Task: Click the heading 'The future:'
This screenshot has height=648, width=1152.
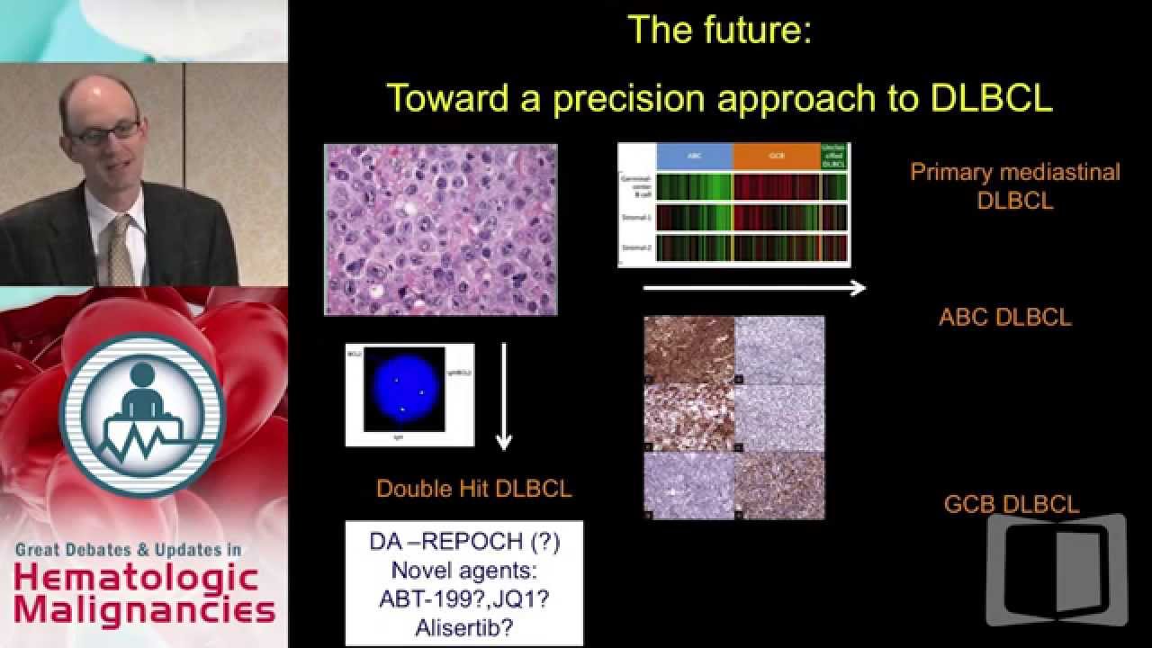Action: (x=719, y=30)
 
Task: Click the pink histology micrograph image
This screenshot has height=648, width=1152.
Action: (x=440, y=229)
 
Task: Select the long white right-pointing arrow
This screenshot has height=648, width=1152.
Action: (x=753, y=288)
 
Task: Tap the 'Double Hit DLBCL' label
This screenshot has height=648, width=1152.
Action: (x=473, y=489)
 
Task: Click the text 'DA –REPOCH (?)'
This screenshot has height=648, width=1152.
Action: (x=463, y=543)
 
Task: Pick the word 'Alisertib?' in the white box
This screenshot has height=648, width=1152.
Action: (x=463, y=626)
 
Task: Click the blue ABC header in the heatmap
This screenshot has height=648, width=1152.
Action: (x=694, y=157)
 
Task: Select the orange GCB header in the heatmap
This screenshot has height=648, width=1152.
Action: (x=776, y=157)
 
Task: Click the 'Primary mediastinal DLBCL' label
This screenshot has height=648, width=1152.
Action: (x=1014, y=185)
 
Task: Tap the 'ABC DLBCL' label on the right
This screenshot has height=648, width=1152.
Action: (x=1004, y=318)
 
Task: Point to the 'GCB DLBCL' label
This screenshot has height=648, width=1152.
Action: (x=1011, y=505)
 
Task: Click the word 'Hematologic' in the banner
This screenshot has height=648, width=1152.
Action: (x=137, y=577)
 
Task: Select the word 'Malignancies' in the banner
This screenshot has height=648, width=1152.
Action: (x=144, y=611)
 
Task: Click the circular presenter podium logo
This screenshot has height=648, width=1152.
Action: (x=142, y=415)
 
